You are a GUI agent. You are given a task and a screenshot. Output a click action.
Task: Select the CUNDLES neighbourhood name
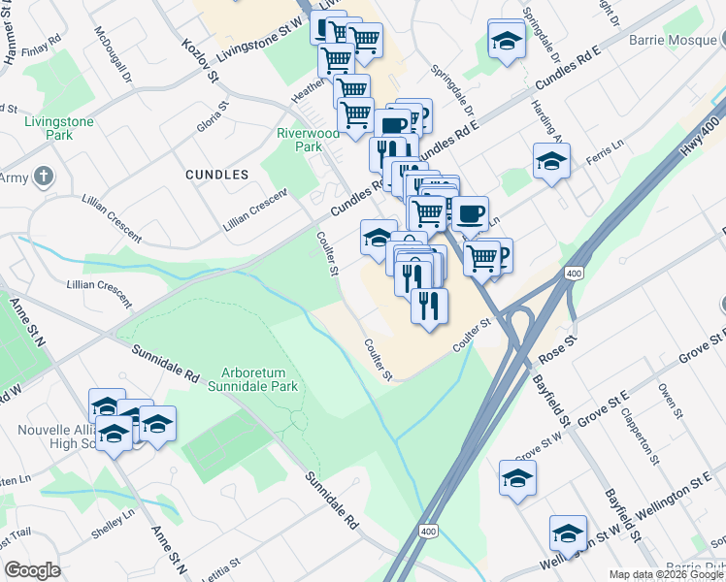216,175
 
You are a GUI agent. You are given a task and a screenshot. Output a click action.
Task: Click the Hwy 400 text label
692,137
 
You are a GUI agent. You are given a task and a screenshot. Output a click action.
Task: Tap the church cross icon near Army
42,177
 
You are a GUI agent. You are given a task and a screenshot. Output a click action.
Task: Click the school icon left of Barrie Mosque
506,39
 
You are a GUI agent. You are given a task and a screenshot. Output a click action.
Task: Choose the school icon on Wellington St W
568,533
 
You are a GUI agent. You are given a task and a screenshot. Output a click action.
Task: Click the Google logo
33,570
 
